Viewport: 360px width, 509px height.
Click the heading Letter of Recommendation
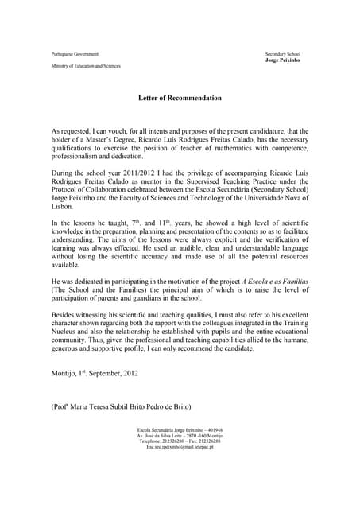pos(180,98)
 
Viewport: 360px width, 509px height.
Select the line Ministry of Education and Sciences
pos(86,65)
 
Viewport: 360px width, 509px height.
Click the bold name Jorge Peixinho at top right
pos(283,60)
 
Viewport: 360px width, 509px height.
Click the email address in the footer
pos(180,447)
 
